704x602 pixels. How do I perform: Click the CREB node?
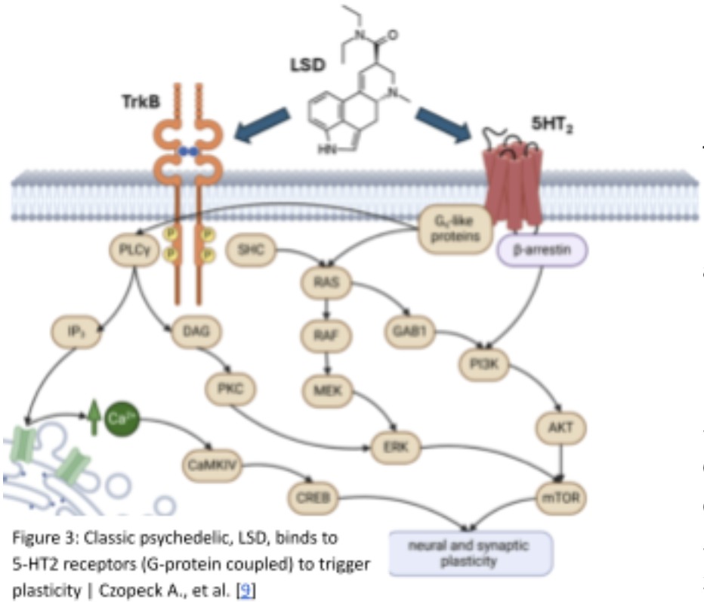[x=311, y=498]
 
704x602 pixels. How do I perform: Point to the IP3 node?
[x=76, y=331]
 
